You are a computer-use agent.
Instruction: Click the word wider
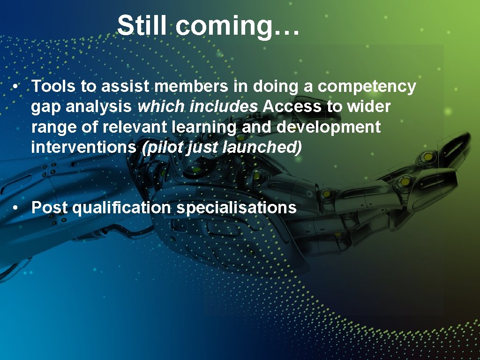(368, 107)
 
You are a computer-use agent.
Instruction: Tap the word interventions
(83, 147)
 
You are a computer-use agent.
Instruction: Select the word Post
(50, 207)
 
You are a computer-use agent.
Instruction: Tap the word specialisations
(236, 208)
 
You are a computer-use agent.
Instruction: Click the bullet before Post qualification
(16, 208)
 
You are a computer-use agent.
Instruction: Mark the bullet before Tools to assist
(16, 87)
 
